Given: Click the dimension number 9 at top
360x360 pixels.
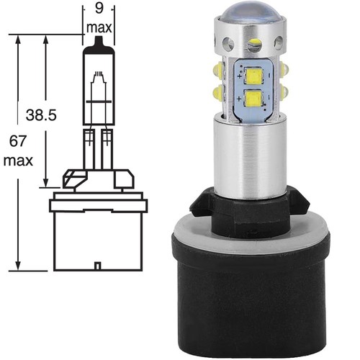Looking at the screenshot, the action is pyautogui.click(x=99, y=9).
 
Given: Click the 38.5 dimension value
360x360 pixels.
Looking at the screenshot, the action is pyautogui.click(x=41, y=115).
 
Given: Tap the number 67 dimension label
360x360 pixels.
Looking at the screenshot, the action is pyautogui.click(x=17, y=141).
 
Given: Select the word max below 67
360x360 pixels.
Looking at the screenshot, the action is pyautogui.click(x=18, y=161).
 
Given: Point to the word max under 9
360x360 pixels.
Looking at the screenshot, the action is pyautogui.click(x=99, y=27).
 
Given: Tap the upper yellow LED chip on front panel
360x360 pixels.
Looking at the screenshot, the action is pyautogui.click(x=253, y=76).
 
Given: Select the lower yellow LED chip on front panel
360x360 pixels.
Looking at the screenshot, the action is pyautogui.click(x=253, y=98).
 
